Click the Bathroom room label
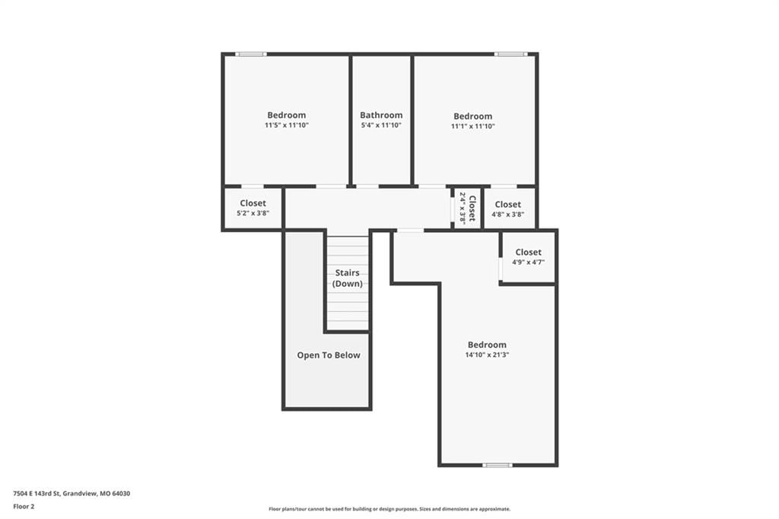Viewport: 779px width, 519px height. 381,115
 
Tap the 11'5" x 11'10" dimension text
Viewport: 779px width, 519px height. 287,126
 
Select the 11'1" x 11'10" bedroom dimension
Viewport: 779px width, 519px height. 473,126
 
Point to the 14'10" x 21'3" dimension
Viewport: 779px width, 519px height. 487,355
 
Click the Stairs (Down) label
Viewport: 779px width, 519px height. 347,278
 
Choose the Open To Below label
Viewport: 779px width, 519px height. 329,355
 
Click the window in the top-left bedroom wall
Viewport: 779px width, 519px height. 251,54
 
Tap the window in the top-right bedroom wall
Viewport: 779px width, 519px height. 510,54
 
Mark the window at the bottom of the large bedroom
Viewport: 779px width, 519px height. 498,465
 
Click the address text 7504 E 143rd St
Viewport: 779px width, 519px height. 37,494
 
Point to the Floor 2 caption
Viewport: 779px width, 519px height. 24,507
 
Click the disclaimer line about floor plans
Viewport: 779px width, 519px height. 389,509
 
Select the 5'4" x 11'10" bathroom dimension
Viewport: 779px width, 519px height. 381,126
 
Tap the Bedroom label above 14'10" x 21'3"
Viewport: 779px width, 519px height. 487,345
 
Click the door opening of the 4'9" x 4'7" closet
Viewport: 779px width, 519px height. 501,269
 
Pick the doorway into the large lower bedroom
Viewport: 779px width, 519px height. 410,230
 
